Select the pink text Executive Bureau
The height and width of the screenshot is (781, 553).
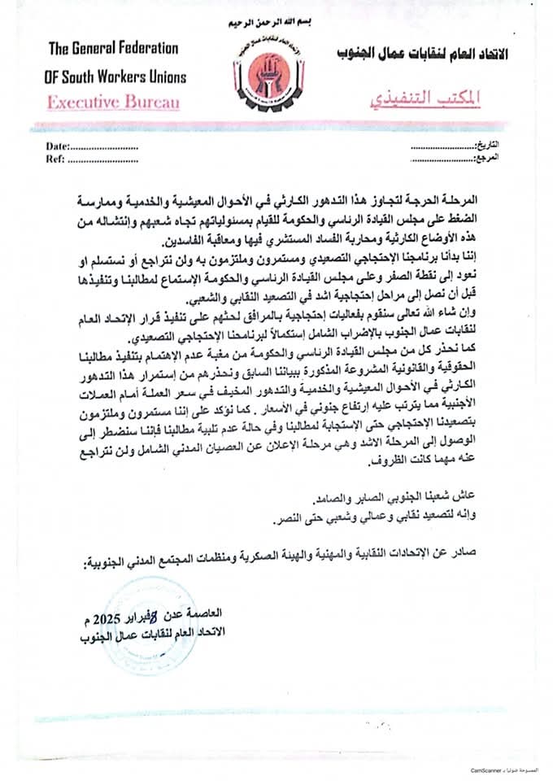112,103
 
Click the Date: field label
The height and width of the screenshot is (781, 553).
58,147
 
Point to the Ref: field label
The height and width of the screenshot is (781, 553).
54,159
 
